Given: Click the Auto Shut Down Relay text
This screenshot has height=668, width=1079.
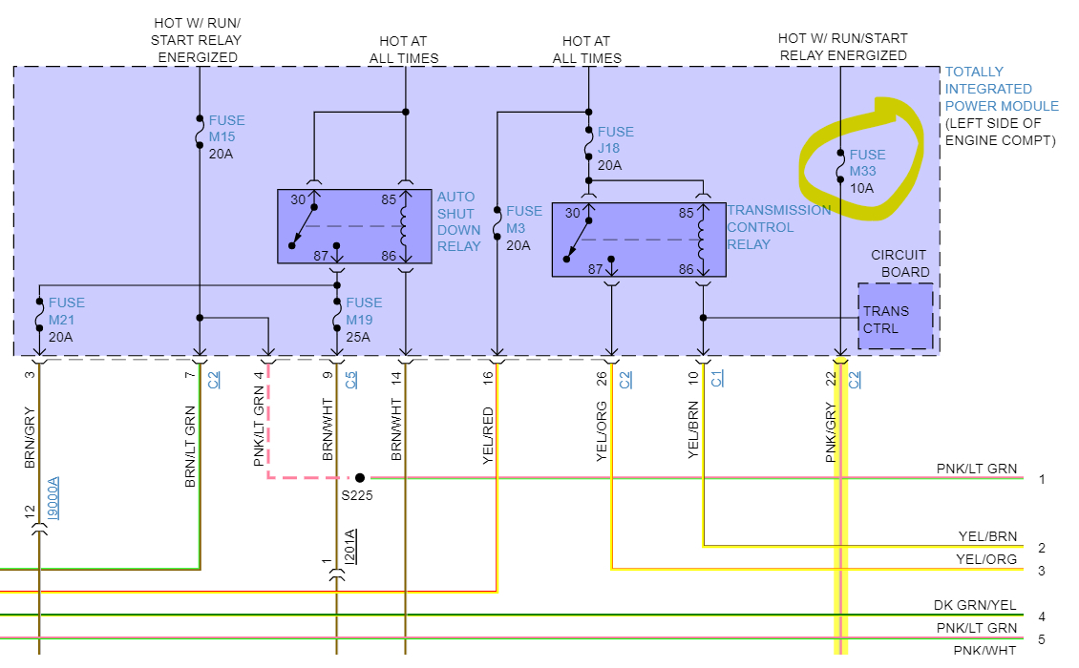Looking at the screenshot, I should (x=459, y=221).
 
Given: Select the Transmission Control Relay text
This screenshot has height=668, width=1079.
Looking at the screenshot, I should (x=778, y=227).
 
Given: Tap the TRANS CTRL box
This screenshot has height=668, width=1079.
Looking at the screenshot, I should (x=895, y=320).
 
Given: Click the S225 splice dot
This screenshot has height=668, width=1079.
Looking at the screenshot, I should (x=360, y=477).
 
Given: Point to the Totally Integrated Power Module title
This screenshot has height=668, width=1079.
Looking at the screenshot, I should (x=1001, y=89).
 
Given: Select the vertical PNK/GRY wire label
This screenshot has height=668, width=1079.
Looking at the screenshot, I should (x=831, y=433).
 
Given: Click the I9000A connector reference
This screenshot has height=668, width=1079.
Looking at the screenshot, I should (x=53, y=498).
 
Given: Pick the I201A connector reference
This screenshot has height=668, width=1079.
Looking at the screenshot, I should (x=350, y=547).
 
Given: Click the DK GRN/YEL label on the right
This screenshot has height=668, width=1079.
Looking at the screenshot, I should (x=974, y=606).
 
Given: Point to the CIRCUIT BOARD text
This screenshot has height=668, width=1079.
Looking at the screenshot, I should (x=899, y=263).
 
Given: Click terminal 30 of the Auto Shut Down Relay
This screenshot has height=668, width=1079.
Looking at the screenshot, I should (x=298, y=200).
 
